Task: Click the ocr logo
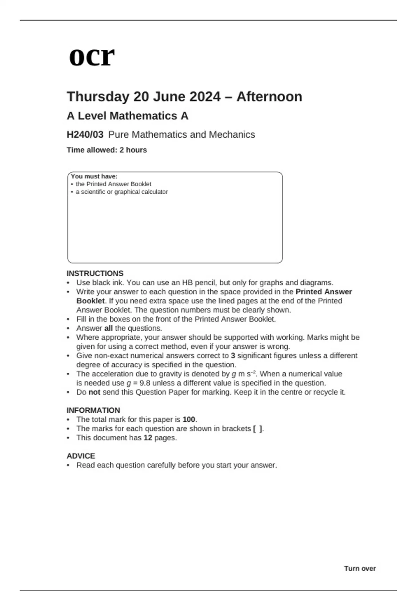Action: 92,56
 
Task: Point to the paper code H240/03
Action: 85,135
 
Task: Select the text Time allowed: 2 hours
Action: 107,150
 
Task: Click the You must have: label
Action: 94,177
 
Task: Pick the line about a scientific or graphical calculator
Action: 122,192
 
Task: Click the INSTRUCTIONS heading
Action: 95,274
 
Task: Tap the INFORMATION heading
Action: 93,410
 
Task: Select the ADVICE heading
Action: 81,456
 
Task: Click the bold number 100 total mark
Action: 189,420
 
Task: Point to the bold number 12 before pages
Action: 148,438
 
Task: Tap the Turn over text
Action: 360,568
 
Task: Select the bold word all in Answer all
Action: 108,328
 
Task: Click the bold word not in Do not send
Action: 94,392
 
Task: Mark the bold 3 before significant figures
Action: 233,356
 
